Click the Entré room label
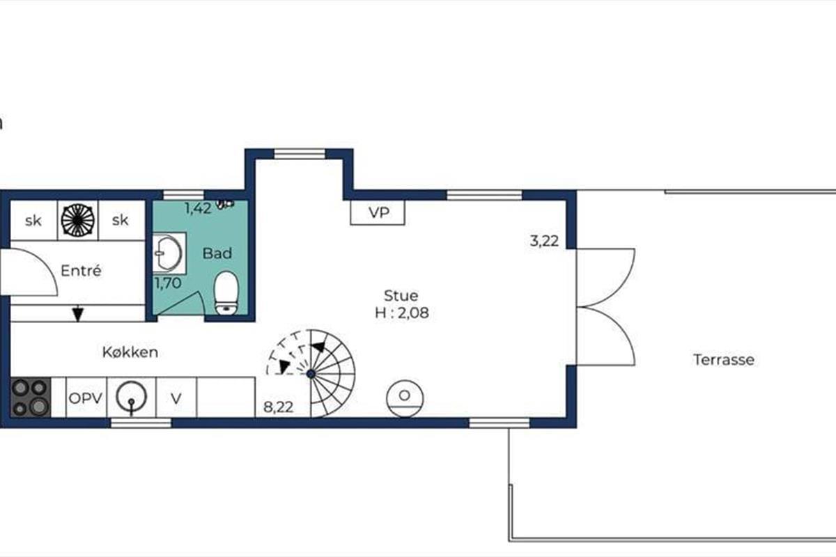coord(81,271)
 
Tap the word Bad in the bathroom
coord(217,253)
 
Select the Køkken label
coord(130,352)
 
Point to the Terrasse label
coord(724,360)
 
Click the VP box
coord(378,212)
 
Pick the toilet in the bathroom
coord(226,293)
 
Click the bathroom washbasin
coord(169,253)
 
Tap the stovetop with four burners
coord(31,397)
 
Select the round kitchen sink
coord(131,397)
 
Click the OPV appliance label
coord(86,398)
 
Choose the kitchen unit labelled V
coord(176,398)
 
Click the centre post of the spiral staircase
coord(311,373)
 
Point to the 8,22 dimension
coord(279,407)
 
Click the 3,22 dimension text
coord(545,241)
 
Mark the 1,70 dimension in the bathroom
coord(168,283)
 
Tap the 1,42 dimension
coord(198,208)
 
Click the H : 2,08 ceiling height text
coord(401,313)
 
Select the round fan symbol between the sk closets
coord(77,221)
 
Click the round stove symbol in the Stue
coord(405,398)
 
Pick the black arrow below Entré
coord(77,313)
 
